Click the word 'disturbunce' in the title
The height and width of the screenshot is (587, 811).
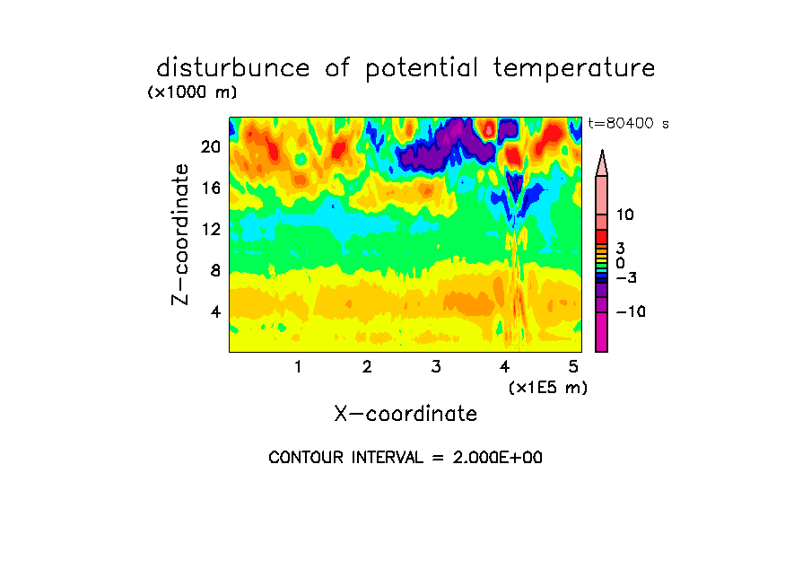tap(232, 68)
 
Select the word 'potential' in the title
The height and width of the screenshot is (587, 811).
tap(422, 69)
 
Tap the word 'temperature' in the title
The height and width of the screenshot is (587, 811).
tap(574, 69)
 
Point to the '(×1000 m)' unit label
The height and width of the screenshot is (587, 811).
tap(192, 92)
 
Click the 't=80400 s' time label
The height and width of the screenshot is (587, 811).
tap(628, 123)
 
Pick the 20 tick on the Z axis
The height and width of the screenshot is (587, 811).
tap(211, 147)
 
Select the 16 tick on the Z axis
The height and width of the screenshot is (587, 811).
tap(211, 188)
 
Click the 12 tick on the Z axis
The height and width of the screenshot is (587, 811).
tap(211, 229)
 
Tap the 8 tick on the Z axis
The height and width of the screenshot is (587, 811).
tap(215, 270)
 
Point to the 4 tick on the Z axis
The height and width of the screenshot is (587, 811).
tap(215, 311)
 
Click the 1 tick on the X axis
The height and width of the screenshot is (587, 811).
tap(298, 366)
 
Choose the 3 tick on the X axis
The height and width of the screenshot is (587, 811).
tap(436, 366)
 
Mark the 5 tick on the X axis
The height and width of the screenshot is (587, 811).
tap(573, 366)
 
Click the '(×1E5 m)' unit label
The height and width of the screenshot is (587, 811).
tap(548, 388)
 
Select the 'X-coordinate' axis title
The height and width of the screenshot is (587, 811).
tap(405, 414)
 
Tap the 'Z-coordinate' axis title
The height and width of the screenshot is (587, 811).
tap(180, 234)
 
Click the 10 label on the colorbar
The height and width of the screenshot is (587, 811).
tap(624, 215)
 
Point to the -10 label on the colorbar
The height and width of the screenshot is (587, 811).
tap(631, 311)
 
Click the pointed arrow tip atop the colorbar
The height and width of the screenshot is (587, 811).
tap(602, 150)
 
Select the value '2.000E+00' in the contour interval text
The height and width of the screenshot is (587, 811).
tap(498, 458)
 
